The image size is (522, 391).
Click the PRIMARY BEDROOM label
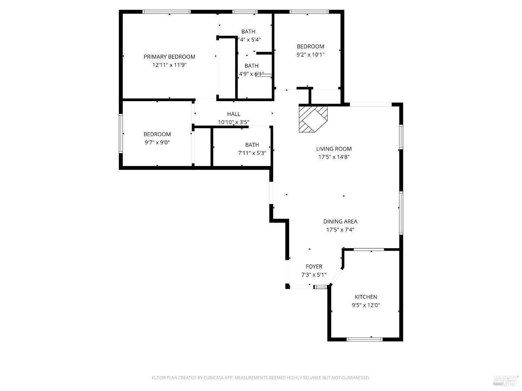coord(169,57)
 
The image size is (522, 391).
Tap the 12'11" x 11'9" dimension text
coord(169,65)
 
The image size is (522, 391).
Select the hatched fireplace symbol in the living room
coord(313,119)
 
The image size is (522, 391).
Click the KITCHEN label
coord(366,297)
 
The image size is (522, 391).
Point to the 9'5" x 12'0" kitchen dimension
coord(366,306)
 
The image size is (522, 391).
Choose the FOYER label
coord(314,267)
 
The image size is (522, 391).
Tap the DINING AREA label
coord(340,221)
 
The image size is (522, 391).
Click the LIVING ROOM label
coord(334,149)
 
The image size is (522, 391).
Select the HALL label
coord(234,114)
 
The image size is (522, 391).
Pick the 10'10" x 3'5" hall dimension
coord(234,122)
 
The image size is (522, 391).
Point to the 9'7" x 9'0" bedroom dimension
coord(157,142)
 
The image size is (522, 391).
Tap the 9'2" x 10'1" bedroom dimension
coord(310,55)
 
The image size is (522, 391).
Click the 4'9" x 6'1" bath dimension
coord(251,74)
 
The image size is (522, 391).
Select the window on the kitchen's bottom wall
coord(364,339)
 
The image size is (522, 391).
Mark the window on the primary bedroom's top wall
coord(166,12)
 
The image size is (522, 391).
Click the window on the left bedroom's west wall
coord(121,134)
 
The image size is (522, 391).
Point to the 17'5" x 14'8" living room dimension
coord(334,157)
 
